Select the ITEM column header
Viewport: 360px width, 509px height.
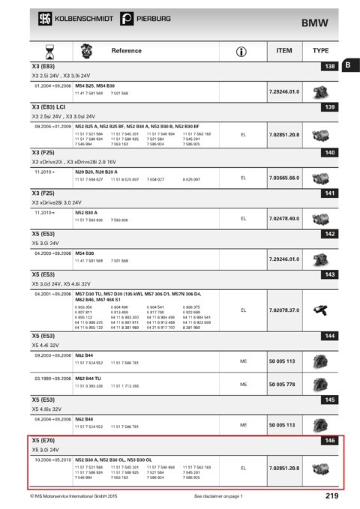tap(283, 50)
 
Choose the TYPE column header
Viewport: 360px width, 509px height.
tap(320, 50)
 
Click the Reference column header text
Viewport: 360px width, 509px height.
tap(126, 50)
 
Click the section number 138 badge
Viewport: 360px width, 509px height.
tap(328, 67)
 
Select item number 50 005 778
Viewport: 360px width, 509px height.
tap(282, 384)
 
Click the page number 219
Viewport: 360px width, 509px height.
tap(332, 496)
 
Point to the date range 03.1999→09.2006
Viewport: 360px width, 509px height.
tap(51, 378)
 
